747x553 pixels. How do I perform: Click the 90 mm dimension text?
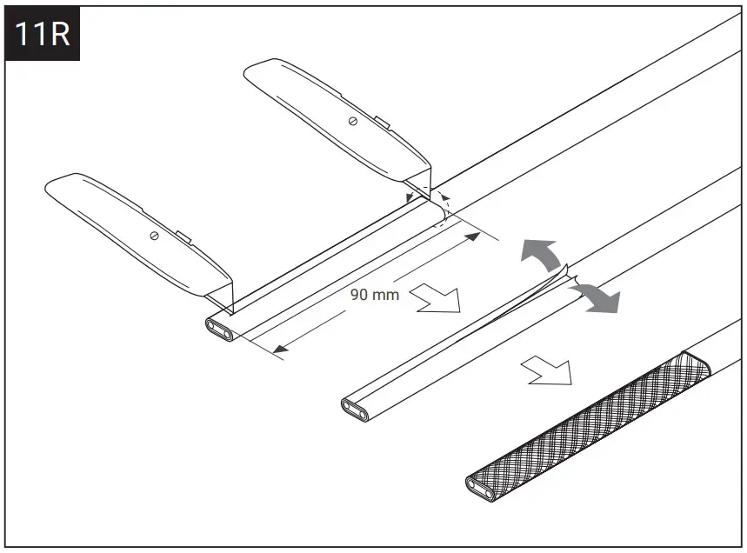pos(375,294)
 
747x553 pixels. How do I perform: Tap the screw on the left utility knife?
pos(154,237)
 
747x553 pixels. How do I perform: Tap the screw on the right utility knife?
pos(352,120)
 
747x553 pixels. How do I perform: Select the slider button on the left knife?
pos(182,235)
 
